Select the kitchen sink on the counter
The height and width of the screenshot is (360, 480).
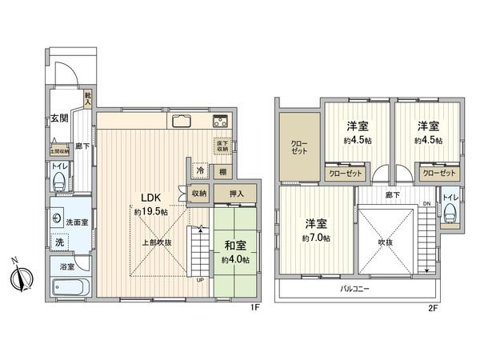179,122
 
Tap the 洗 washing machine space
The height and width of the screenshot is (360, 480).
58,242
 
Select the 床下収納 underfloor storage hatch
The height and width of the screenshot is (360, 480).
222,146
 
